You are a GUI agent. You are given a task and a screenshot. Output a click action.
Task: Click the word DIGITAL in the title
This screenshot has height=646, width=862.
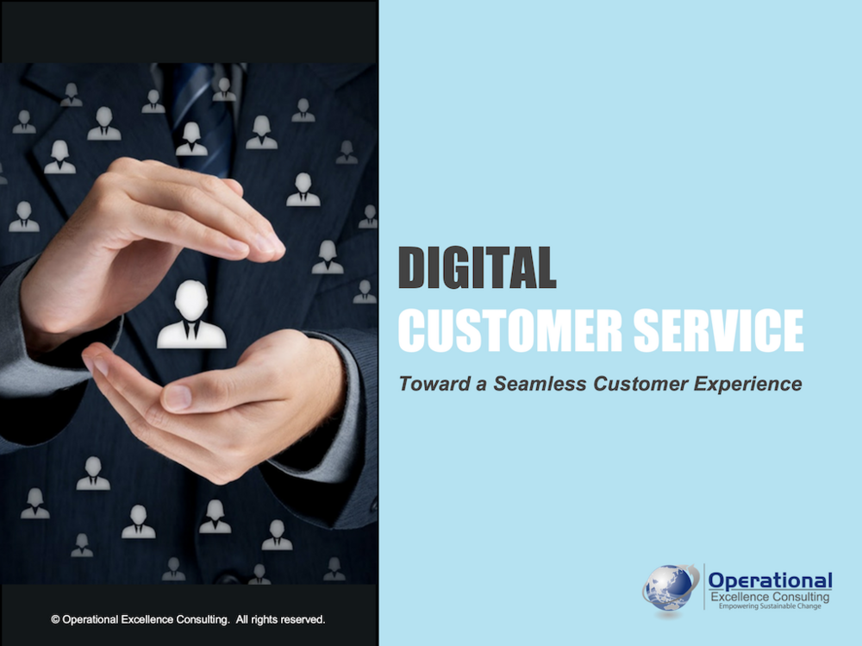pyautogui.click(x=478, y=267)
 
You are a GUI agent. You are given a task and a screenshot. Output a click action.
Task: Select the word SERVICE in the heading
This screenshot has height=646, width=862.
pyautogui.click(x=719, y=330)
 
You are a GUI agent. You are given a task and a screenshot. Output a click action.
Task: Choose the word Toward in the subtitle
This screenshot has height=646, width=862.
pyautogui.click(x=434, y=384)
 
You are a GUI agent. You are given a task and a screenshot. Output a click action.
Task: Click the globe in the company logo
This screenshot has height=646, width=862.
pyautogui.click(x=670, y=587)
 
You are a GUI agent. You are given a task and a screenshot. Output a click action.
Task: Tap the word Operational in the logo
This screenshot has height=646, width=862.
pyautogui.click(x=770, y=580)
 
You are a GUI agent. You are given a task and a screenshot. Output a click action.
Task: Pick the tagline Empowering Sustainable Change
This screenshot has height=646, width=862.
pyautogui.click(x=770, y=605)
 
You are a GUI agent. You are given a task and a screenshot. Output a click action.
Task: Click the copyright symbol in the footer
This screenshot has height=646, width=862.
pyautogui.click(x=55, y=619)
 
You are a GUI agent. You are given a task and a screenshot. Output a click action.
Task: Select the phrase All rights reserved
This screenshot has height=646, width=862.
pyautogui.click(x=280, y=619)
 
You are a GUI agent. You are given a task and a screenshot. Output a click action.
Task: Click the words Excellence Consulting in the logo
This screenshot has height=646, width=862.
pyautogui.click(x=770, y=597)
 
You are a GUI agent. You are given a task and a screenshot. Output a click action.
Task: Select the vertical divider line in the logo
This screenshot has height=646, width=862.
pyautogui.click(x=704, y=586)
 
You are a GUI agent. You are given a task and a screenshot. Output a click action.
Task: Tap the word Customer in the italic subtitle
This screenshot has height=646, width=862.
pyautogui.click(x=640, y=384)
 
